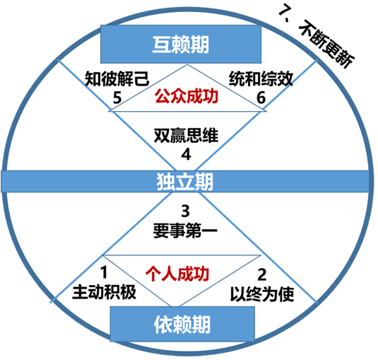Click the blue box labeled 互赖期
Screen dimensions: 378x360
(181, 44)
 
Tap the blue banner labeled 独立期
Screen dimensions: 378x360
(185, 182)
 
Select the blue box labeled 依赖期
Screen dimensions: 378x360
(182, 324)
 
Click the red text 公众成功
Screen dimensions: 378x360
(187, 96)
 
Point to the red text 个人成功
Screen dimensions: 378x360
(177, 274)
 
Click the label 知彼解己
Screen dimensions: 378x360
(117, 79)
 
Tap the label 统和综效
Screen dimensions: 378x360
(261, 79)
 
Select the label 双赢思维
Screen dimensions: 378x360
(186, 135)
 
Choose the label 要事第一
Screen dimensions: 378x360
(185, 231)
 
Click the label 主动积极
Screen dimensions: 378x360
(104, 292)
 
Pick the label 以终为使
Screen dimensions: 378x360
(262, 294)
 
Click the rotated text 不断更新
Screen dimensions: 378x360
(326, 44)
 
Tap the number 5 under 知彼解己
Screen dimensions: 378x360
(117, 98)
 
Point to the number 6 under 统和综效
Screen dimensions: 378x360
(261, 98)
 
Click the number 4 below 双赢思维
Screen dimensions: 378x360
(186, 154)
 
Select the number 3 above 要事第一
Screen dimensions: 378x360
(185, 211)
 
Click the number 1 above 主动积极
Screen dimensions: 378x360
(104, 272)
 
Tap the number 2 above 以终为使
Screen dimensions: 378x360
(262, 274)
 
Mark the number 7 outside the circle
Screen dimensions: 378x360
(284, 10)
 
